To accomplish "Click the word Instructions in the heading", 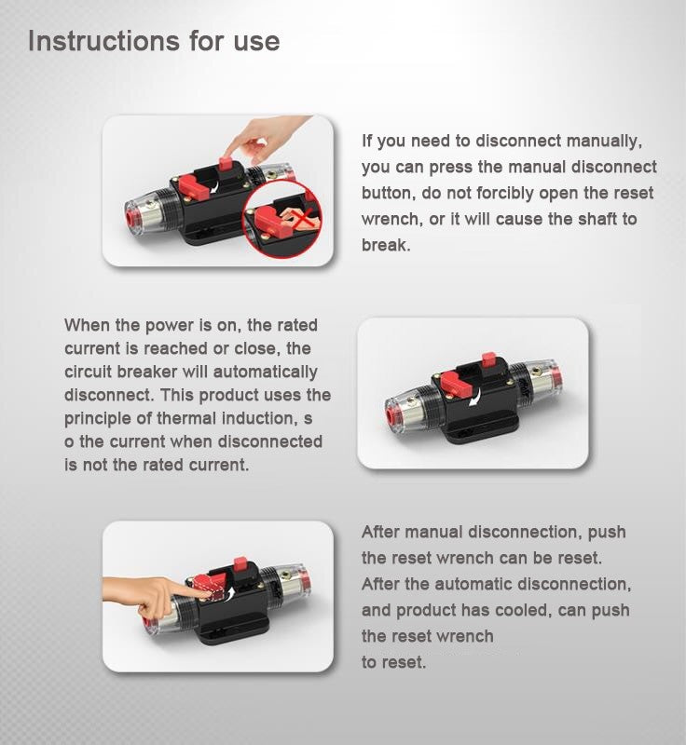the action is click(x=103, y=40).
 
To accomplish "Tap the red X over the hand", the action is click(x=303, y=219).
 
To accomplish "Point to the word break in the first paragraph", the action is click(x=386, y=245).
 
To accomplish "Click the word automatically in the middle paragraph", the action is click(x=265, y=372).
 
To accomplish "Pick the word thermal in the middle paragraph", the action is click(x=186, y=418).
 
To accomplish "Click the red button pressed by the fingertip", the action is click(x=226, y=165).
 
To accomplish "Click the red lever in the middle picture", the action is click(x=455, y=384).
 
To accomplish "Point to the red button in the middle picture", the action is click(x=488, y=359).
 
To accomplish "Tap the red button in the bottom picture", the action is click(x=240, y=565).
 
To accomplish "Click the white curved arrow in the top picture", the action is click(x=216, y=185).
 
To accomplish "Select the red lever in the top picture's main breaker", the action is click(x=192, y=187).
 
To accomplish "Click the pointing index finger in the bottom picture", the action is click(x=187, y=590).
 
